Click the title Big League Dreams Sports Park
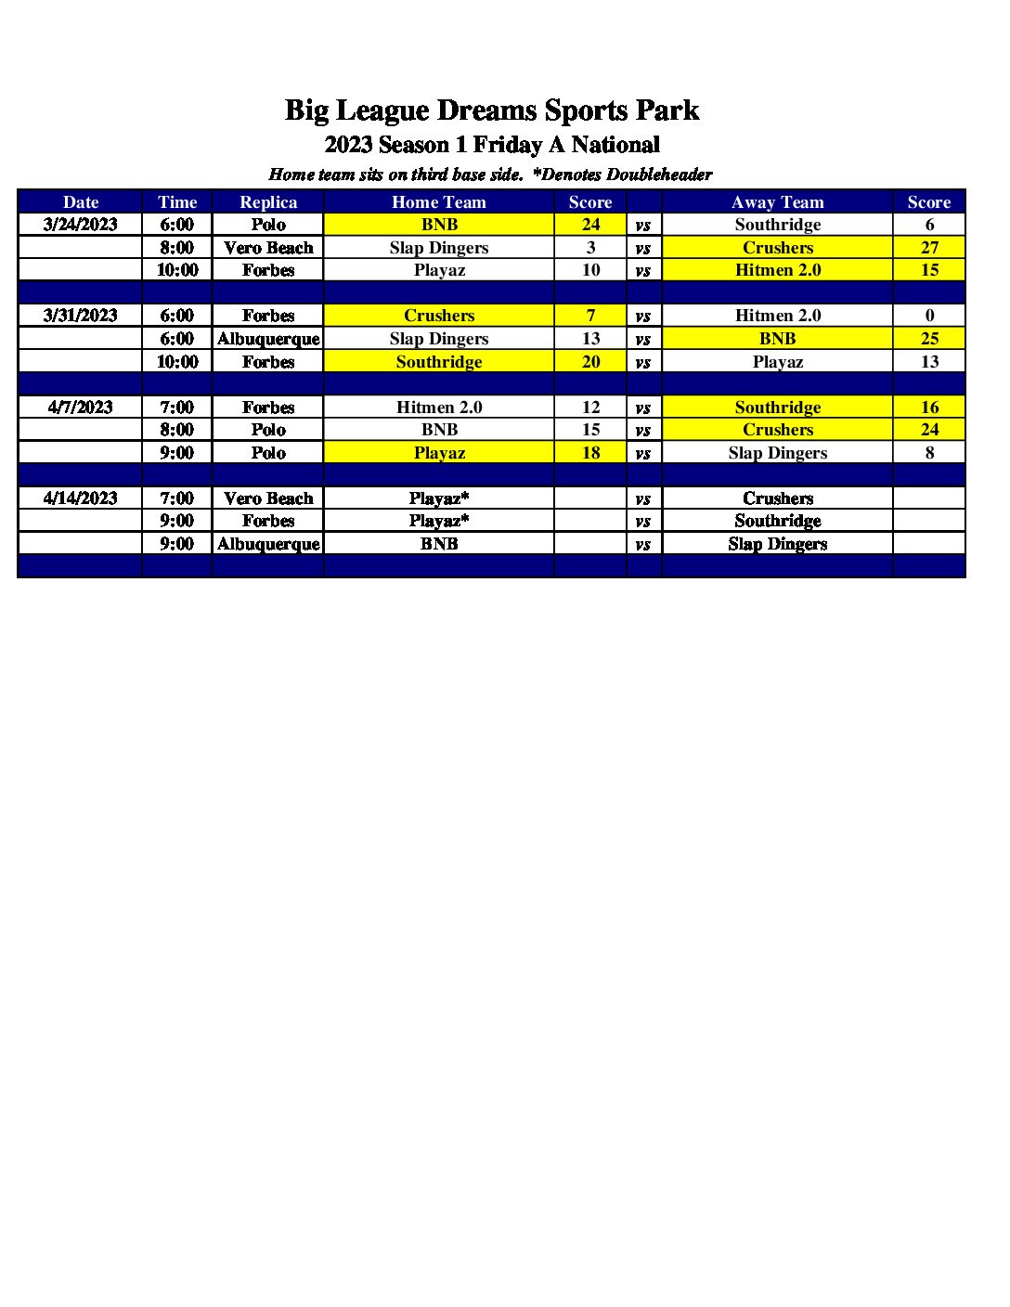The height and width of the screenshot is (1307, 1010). (x=491, y=110)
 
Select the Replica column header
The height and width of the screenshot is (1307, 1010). (x=268, y=202)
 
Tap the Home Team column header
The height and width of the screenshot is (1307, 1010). (x=439, y=202)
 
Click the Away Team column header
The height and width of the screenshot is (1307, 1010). (x=777, y=202)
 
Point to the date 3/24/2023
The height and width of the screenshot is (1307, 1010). (x=81, y=225)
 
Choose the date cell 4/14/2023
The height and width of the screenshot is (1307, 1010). (x=81, y=498)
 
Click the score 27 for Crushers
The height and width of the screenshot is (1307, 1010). (x=929, y=248)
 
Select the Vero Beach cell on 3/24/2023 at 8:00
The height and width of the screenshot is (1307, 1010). (x=268, y=248)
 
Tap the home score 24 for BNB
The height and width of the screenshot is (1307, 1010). (x=590, y=225)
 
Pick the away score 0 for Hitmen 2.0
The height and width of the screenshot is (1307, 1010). (x=929, y=316)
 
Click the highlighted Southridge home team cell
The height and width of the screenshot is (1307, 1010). (x=439, y=362)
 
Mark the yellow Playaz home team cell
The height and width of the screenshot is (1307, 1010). (x=439, y=453)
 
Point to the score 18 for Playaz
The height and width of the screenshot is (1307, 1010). (x=590, y=453)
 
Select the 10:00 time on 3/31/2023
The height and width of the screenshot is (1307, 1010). (x=177, y=362)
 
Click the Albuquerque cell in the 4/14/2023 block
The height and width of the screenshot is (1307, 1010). (x=268, y=544)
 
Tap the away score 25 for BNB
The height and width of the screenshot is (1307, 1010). (x=929, y=339)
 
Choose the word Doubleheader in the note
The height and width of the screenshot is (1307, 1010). (x=659, y=175)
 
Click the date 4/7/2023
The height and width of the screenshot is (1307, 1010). (x=81, y=408)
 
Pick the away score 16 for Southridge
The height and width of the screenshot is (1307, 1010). (x=929, y=408)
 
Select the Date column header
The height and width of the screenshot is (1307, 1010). (x=81, y=202)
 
